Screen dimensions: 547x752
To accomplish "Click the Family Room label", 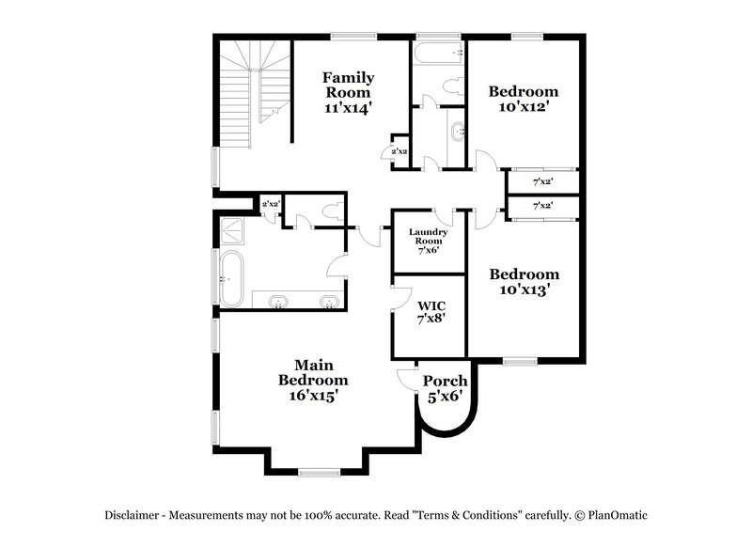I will coord(349,85).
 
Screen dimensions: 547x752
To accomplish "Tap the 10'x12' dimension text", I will coord(523,107).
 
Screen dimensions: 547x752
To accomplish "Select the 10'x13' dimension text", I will coord(523,290).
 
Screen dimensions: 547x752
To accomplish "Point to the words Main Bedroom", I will coord(313,372).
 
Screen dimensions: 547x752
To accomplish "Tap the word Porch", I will coord(445,381).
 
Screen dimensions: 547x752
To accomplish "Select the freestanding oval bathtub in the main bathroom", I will coord(231,278).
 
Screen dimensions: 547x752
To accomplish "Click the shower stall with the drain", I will coord(235,230).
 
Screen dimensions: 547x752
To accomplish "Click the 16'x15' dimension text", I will coord(313,397).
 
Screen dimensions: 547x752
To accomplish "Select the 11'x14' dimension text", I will coord(349,107).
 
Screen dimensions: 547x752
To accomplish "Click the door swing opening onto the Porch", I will coord(408,380).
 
